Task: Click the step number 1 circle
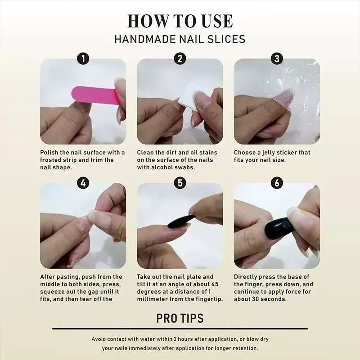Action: (x=83, y=58)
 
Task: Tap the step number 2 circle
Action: (x=180, y=58)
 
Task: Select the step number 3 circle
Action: (x=277, y=58)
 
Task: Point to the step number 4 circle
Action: (x=83, y=183)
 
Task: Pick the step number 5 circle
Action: (x=180, y=183)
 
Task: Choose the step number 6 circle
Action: (x=277, y=183)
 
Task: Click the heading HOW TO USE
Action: (x=180, y=21)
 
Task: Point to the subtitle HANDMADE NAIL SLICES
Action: (x=180, y=39)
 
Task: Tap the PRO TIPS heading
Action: (x=180, y=318)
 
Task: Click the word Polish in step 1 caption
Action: (x=50, y=153)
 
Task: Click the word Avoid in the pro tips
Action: (x=99, y=339)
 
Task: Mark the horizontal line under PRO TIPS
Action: (x=180, y=328)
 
